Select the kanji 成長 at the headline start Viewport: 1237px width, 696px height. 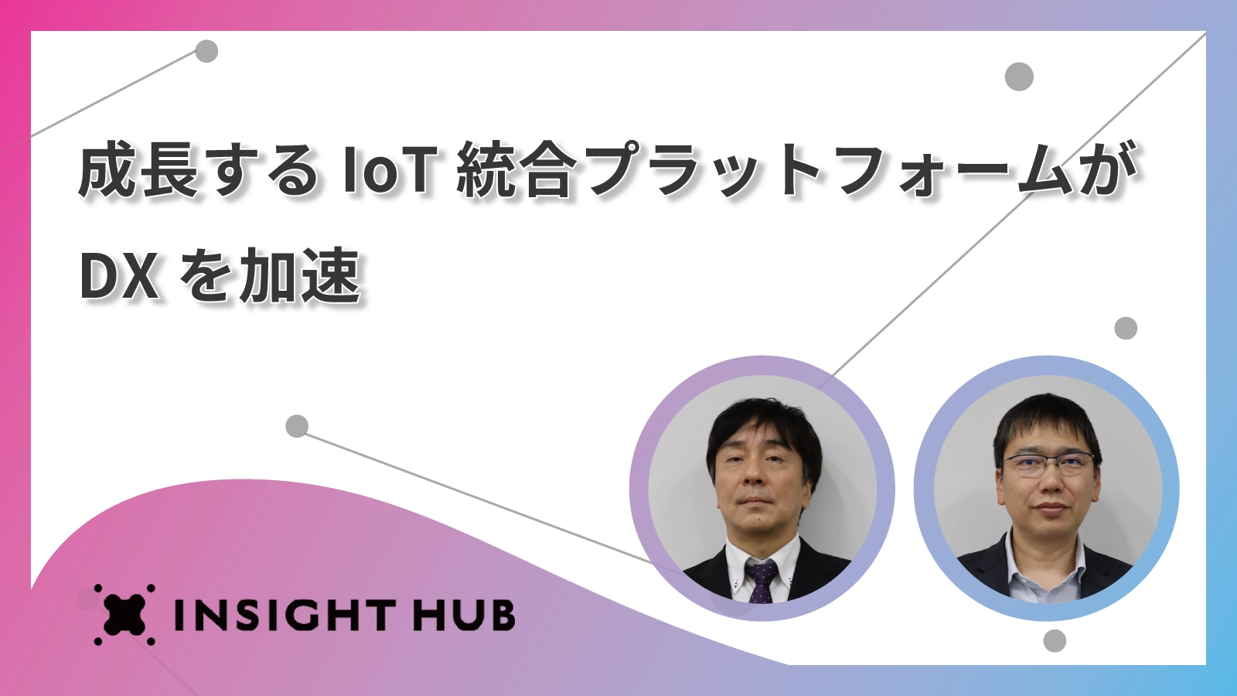point(138,169)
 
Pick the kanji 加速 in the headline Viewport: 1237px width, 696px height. point(300,275)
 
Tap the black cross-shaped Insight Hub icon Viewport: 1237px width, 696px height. point(124,614)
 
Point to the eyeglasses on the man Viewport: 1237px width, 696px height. point(1048,465)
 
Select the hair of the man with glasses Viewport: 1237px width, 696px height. point(1047,425)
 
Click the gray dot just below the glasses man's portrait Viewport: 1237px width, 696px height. point(1055,641)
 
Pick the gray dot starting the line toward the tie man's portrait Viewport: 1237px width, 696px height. point(297,426)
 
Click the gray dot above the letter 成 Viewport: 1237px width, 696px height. point(206,51)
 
